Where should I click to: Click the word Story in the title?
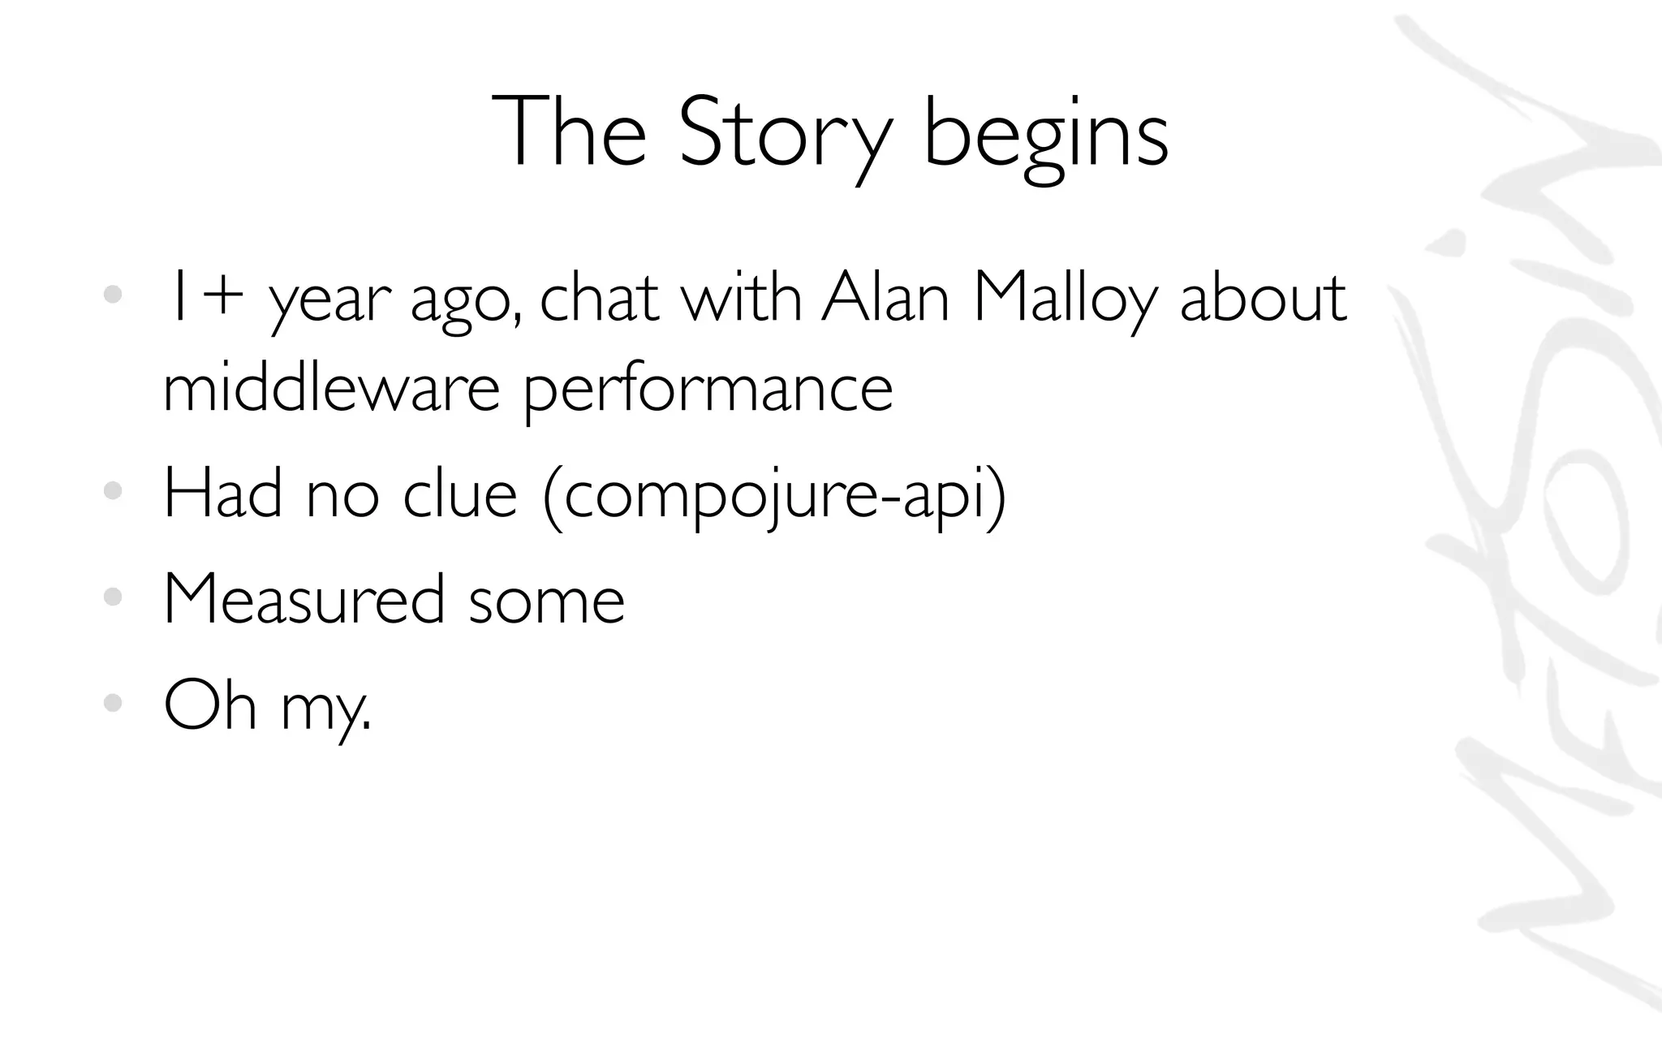point(784,132)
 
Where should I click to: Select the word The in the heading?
point(569,132)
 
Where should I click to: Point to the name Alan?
point(885,298)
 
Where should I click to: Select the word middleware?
point(331,388)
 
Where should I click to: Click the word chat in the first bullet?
point(599,298)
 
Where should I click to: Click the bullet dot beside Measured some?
point(113,598)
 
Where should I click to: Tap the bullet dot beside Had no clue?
point(113,490)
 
